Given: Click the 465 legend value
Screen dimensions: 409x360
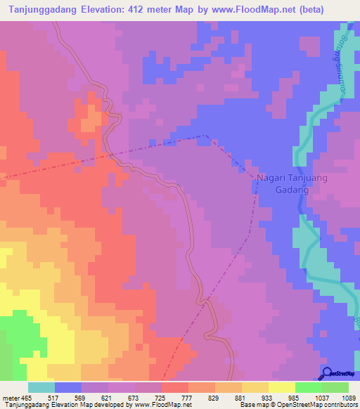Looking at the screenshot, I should pos(28,397).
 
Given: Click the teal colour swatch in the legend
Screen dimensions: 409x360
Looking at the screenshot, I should pos(41,387).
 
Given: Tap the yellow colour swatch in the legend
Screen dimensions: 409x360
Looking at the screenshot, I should pos(281,387).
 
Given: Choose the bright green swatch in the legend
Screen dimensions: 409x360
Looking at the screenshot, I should pos(308,387).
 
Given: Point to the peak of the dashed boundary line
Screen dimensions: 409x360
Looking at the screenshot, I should pos(205,136).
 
